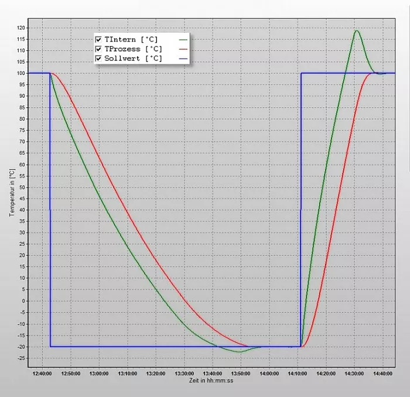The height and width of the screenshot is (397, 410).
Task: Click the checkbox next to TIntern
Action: pos(98,39)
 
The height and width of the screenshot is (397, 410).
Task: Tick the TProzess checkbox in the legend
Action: pos(98,49)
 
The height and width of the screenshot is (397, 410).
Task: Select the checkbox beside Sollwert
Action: pos(98,59)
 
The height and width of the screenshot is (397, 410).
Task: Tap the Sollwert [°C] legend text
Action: pos(133,59)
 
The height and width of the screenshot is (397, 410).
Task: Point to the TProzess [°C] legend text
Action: pos(133,49)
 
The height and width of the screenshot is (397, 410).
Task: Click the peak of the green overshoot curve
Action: pos(356,30)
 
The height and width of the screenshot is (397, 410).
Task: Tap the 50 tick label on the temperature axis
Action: pos(21,187)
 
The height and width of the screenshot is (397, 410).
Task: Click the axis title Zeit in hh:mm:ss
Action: pos(211,380)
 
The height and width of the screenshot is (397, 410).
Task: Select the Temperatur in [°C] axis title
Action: pos(11,193)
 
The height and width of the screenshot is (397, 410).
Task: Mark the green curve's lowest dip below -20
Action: pos(239,352)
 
